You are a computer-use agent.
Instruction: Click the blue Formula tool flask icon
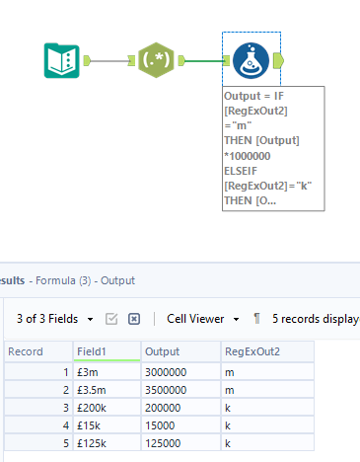251,60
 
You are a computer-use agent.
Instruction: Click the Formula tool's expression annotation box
273,147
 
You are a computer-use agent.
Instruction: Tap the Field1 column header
106,351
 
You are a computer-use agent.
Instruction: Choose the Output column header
180,351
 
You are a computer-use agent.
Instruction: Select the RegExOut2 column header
266,351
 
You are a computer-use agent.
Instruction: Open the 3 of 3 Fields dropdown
55,319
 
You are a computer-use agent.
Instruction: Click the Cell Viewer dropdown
203,319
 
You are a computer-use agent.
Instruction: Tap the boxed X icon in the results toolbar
135,319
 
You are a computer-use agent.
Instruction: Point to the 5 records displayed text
316,319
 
